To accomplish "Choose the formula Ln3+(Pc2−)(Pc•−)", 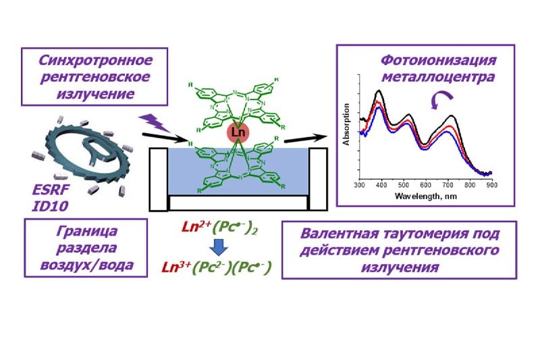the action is [x=217, y=268].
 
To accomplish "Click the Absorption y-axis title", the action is [x=346, y=125].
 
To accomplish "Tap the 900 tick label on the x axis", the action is [x=491, y=184].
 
